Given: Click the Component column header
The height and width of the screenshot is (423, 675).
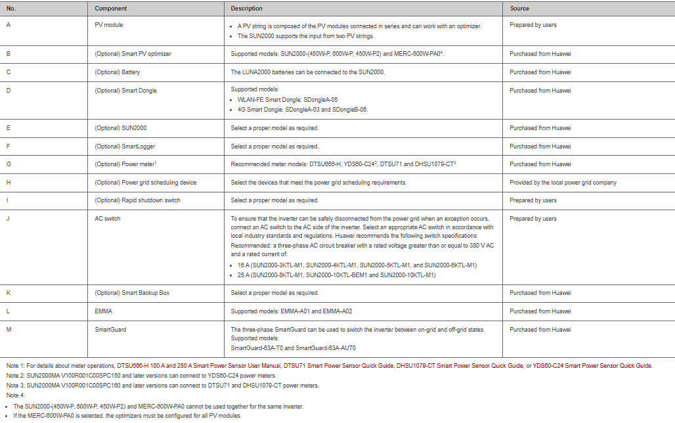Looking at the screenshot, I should point(111,9).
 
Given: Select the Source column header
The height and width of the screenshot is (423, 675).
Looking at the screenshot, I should point(519,9).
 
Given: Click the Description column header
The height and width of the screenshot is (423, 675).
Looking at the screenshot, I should point(246,9).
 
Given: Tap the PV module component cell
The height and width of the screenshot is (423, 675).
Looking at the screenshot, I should point(109,25).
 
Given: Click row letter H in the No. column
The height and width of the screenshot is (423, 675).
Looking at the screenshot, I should point(9,183).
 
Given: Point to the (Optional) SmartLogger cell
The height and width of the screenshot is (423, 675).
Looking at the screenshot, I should point(125,146).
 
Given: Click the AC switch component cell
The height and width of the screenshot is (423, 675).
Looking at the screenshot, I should point(108,219).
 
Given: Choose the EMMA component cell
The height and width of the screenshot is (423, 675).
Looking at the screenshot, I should point(104,311).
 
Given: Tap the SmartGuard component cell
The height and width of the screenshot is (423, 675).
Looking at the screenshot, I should point(110,330).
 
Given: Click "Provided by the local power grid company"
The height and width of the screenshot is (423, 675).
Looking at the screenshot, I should point(563,183).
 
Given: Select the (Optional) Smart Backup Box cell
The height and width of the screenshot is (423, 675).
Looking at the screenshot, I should point(132,293).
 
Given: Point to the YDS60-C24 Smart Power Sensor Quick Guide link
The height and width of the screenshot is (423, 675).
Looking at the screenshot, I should point(593,365).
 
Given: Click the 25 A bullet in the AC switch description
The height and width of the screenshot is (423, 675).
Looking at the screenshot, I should point(336,275).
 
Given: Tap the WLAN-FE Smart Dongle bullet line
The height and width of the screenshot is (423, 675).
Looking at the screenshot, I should point(288,100).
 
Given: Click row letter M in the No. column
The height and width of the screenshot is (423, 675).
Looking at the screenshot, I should point(9,330).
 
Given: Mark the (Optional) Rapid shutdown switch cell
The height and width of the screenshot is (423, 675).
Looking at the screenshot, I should point(137,200).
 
